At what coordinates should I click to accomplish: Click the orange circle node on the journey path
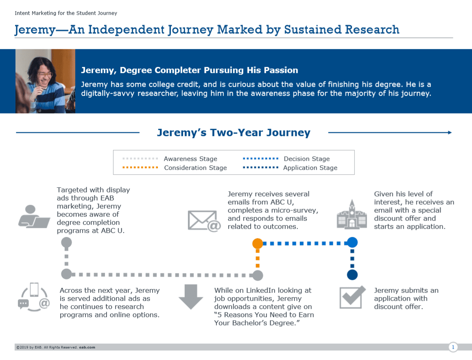tap(258, 243)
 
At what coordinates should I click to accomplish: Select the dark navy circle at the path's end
tap(352, 275)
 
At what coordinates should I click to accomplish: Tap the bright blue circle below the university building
tap(352, 243)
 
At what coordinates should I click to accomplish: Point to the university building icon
tap(352, 215)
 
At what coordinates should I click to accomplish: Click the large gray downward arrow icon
tap(190, 297)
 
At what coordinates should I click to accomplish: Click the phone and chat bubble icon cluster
tap(34, 297)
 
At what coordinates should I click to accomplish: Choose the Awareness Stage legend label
tap(190, 159)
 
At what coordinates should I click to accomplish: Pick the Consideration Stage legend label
tap(195, 168)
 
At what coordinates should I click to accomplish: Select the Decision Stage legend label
tap(307, 159)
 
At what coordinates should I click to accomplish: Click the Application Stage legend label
tap(310, 168)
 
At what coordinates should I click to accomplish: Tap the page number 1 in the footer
tap(453, 347)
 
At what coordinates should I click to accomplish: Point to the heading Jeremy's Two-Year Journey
tap(234, 133)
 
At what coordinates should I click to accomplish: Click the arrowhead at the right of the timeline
tap(450, 133)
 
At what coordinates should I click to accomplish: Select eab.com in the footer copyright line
tap(87, 347)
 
